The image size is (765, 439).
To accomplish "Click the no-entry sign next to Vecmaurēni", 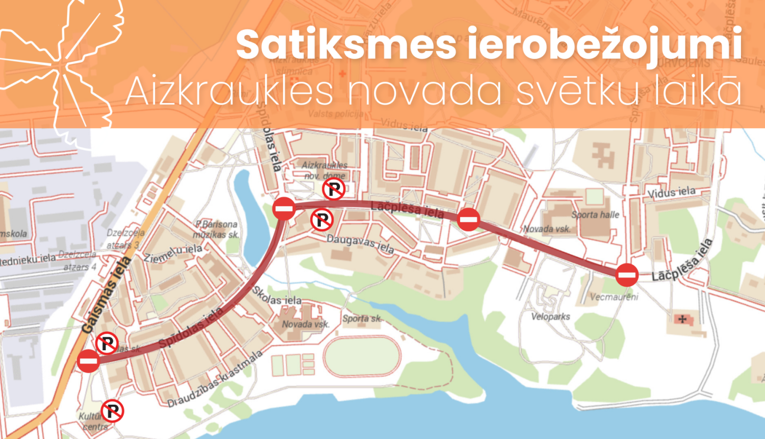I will click(627, 275).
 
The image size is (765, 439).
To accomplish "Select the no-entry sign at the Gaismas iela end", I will click(89, 361).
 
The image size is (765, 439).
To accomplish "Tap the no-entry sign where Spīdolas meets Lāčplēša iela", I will click(284, 208).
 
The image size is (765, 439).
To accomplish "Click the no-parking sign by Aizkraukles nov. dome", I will click(334, 189).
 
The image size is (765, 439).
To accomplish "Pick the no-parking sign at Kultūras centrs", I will click(113, 411).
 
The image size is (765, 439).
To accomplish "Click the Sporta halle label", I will click(595, 215).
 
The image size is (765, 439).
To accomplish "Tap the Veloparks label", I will click(551, 317).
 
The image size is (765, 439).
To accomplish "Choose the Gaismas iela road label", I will click(106, 296).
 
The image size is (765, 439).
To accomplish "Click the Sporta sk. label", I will click(362, 319).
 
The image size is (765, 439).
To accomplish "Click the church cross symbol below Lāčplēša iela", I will click(682, 320).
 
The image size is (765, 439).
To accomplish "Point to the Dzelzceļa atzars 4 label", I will click(77, 260).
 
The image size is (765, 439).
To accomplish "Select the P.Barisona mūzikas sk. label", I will click(216, 229).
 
